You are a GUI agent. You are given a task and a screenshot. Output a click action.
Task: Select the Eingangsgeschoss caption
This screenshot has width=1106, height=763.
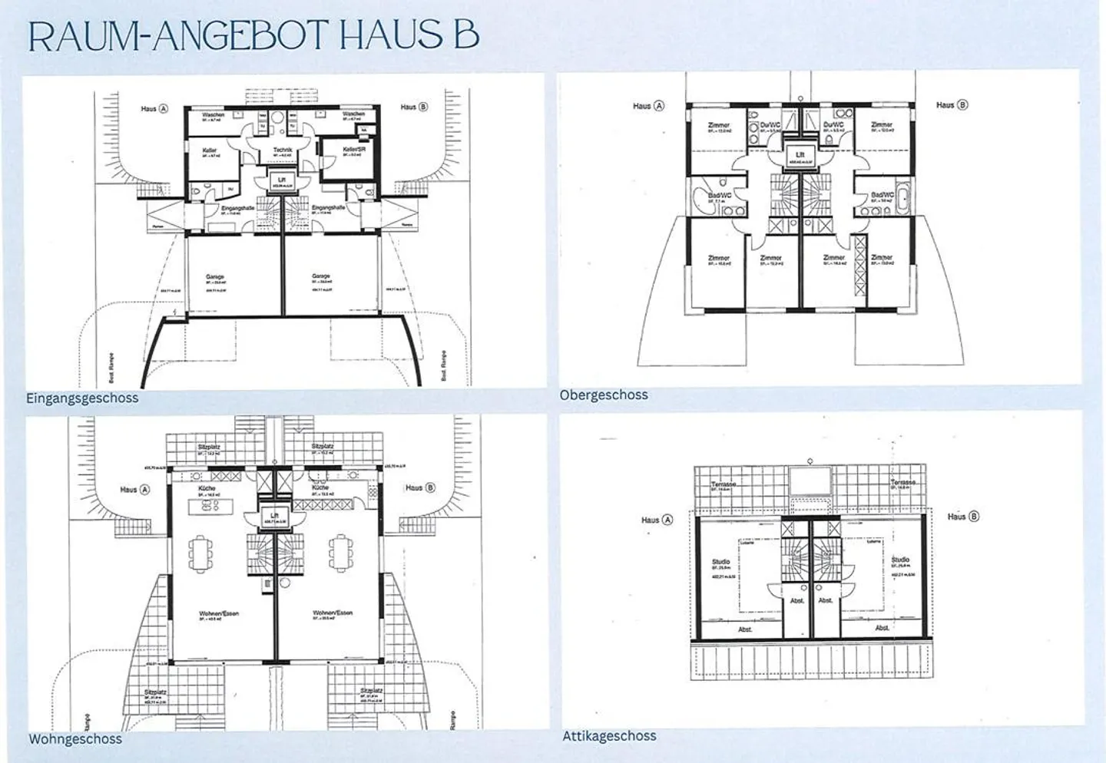(82, 398)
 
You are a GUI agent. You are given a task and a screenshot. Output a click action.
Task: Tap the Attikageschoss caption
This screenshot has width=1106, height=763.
(609, 736)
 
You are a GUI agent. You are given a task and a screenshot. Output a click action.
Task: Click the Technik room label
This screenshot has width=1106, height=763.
(283, 150)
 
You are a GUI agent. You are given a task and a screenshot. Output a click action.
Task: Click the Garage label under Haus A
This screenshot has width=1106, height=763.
(214, 277)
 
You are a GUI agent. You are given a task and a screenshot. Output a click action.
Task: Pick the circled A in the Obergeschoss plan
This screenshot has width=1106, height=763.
(658, 106)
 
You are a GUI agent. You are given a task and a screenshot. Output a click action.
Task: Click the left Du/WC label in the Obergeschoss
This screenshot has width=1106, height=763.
(770, 124)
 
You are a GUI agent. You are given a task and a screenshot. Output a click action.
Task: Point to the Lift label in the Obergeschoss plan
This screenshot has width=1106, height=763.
(800, 155)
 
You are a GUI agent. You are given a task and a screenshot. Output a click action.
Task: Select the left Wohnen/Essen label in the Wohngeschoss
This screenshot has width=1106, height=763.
(218, 613)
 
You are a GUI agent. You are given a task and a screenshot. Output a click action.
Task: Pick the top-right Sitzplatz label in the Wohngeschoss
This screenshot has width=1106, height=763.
(323, 446)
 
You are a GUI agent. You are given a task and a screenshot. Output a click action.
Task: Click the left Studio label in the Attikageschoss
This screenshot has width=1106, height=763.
(720, 562)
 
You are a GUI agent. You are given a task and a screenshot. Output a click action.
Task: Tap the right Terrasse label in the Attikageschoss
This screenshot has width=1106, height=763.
(902, 483)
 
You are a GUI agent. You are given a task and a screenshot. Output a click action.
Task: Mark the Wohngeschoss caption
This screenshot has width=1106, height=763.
(75, 739)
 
